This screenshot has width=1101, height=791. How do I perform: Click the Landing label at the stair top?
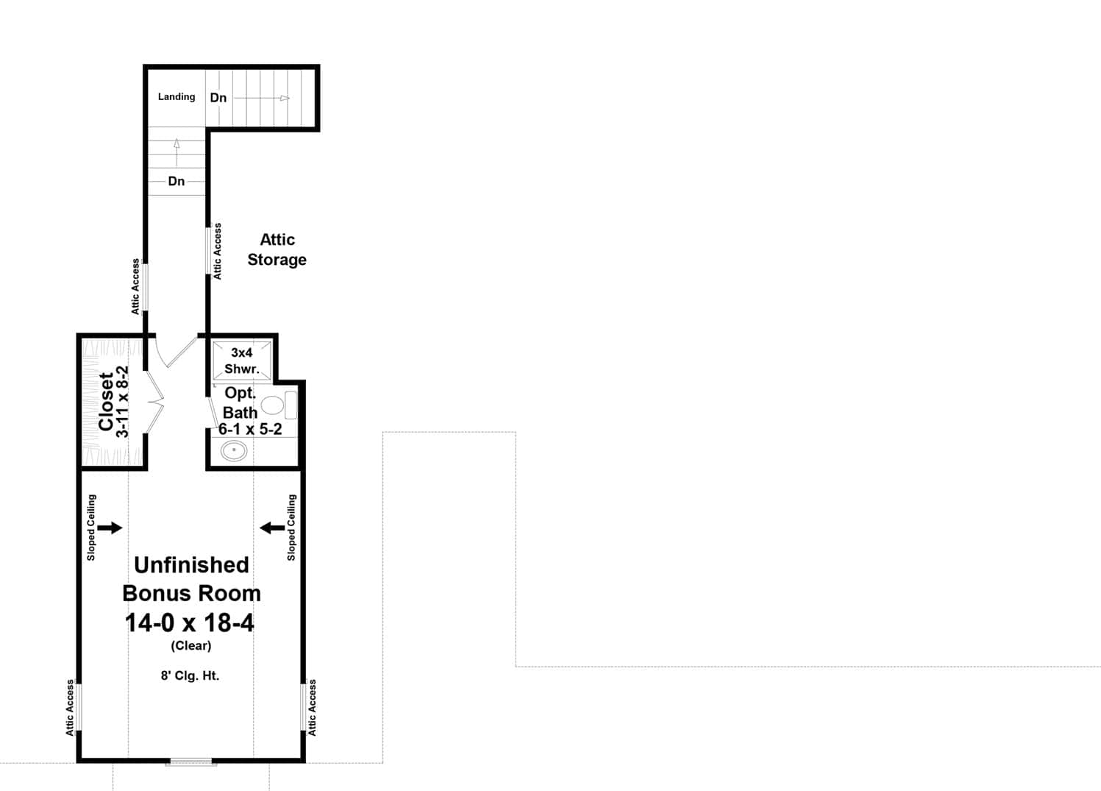(177, 96)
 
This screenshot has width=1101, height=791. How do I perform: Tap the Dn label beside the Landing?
(218, 98)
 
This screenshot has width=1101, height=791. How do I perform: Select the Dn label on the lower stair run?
(177, 181)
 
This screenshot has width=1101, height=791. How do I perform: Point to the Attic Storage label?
(277, 249)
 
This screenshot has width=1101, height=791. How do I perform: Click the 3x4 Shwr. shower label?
(242, 361)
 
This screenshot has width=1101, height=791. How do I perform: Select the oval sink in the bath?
(234, 450)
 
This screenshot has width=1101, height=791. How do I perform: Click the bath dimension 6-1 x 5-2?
(250, 429)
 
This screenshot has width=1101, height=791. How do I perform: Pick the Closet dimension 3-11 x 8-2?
(124, 402)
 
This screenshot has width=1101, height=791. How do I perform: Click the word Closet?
(107, 402)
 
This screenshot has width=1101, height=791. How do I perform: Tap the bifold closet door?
(154, 402)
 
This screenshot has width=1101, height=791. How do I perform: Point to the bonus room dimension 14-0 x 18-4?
(190, 623)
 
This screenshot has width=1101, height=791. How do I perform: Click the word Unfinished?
(191, 564)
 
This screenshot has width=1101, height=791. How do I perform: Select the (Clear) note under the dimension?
(191, 646)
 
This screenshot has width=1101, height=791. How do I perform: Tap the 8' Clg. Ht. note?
(190, 675)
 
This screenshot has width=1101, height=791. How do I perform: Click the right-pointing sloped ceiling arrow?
(110, 527)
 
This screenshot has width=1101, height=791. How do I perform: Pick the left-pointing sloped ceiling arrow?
(272, 527)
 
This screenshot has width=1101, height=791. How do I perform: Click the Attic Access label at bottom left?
(71, 707)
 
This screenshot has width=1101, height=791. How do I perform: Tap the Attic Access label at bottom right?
(313, 707)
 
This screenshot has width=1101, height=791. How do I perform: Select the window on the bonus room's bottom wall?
(190, 762)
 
